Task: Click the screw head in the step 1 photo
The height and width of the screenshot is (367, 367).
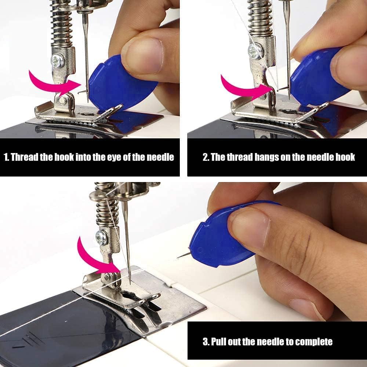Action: (58, 61)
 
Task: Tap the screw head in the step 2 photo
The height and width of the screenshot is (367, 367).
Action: (255, 51)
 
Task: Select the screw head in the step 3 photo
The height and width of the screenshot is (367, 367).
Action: (102, 238)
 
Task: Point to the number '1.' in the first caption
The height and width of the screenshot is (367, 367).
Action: (7, 157)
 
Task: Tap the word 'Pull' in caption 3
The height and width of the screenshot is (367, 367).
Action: (219, 342)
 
